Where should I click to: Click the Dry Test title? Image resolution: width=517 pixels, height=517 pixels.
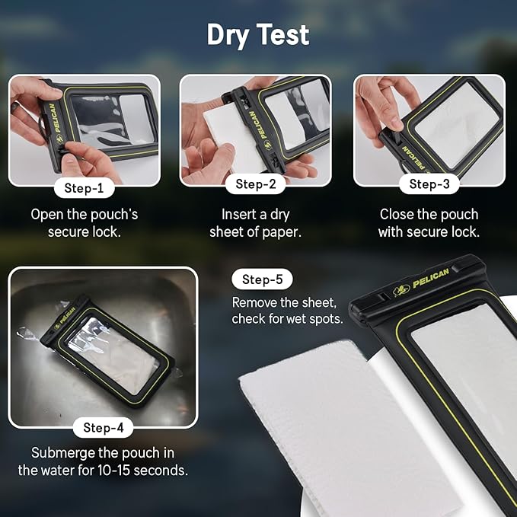point(258,35)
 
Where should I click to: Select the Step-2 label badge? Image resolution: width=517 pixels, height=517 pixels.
point(255,184)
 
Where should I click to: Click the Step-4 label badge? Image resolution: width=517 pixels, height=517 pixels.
point(103,428)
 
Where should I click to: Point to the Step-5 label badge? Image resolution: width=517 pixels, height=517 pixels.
point(262,279)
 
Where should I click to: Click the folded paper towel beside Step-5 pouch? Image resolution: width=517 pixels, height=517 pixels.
point(320,426)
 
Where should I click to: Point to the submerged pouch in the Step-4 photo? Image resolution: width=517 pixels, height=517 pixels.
point(110,346)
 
